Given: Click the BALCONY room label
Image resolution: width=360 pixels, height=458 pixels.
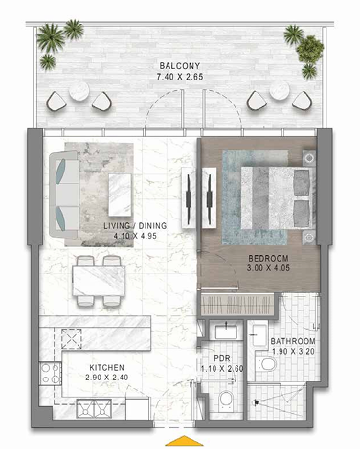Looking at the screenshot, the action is [x=180, y=66].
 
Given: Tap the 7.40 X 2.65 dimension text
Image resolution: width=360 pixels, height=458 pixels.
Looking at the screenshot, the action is [x=180, y=77].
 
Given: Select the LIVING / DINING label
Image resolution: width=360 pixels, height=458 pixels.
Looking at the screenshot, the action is [x=135, y=226].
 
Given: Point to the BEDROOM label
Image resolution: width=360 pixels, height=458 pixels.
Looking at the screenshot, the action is [x=268, y=258].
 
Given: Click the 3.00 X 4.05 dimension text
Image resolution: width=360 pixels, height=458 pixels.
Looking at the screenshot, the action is [x=268, y=268].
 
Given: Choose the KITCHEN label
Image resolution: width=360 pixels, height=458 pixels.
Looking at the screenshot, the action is [x=106, y=367].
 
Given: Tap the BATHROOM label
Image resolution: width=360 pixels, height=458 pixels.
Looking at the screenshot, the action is [x=293, y=341].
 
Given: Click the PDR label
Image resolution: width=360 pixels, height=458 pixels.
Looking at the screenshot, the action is [x=222, y=358].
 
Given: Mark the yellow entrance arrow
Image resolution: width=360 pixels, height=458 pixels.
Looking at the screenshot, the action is [x=184, y=440].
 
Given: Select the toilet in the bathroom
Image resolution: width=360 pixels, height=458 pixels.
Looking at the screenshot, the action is [x=266, y=364].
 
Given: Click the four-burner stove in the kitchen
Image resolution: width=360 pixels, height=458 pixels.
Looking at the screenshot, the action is [x=51, y=374].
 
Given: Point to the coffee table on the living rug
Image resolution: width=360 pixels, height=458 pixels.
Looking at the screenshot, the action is [x=120, y=195].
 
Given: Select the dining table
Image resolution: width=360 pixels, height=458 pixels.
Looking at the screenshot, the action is [x=99, y=281].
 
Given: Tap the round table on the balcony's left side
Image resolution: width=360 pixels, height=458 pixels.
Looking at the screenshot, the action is [x=79, y=91].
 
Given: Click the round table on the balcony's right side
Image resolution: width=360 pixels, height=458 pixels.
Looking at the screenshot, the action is [x=280, y=90].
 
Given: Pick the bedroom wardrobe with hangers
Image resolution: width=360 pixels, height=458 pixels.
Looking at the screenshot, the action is [x=236, y=305].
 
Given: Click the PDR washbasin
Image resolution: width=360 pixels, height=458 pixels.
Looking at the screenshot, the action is [x=226, y=332].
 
